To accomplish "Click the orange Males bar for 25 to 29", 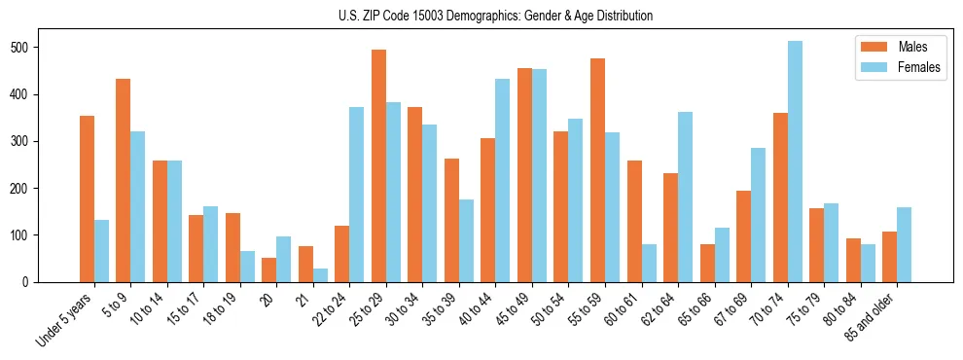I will coord(378,165).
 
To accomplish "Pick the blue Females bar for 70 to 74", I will coord(795,162).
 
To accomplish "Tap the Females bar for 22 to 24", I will coord(357,195).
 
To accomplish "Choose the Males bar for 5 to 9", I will coord(124,180).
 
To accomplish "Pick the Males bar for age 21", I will coord(305,264).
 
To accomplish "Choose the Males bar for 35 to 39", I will coord(451,220).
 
